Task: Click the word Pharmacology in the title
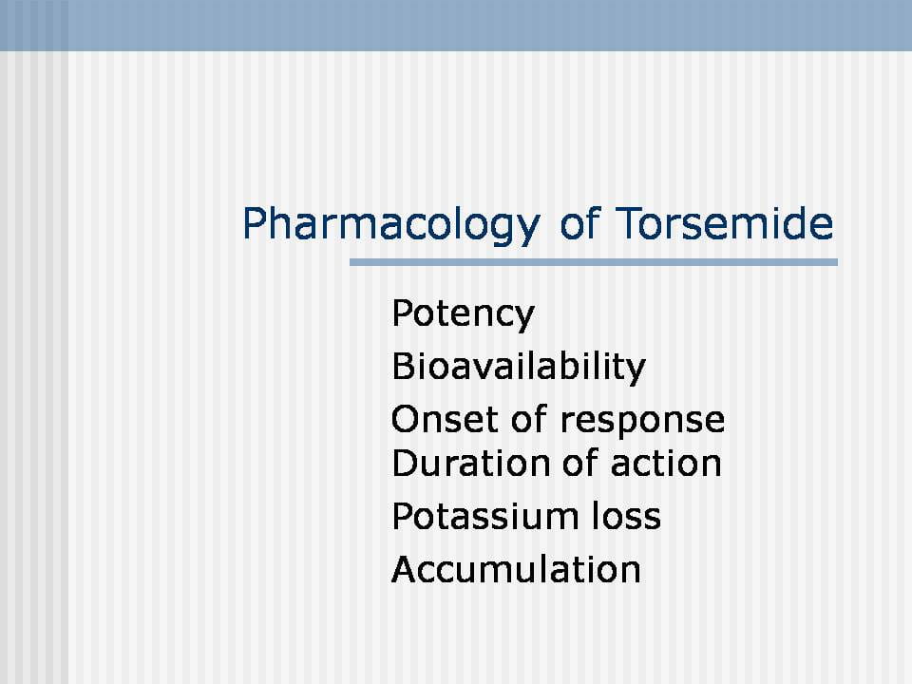tap(391, 224)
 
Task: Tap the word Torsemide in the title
tap(724, 222)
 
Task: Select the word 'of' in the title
tap(579, 222)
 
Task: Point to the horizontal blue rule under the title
tap(593, 262)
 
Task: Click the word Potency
tap(463, 314)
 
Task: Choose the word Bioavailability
tap(519, 367)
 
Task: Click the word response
tap(643, 422)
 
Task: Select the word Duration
tap(470, 464)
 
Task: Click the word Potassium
tap(485, 516)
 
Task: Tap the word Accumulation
tap(516, 569)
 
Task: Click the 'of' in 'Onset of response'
tap(529, 419)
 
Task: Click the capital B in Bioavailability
tap(403, 367)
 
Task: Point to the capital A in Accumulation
tap(406, 569)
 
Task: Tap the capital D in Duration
tap(405, 464)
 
